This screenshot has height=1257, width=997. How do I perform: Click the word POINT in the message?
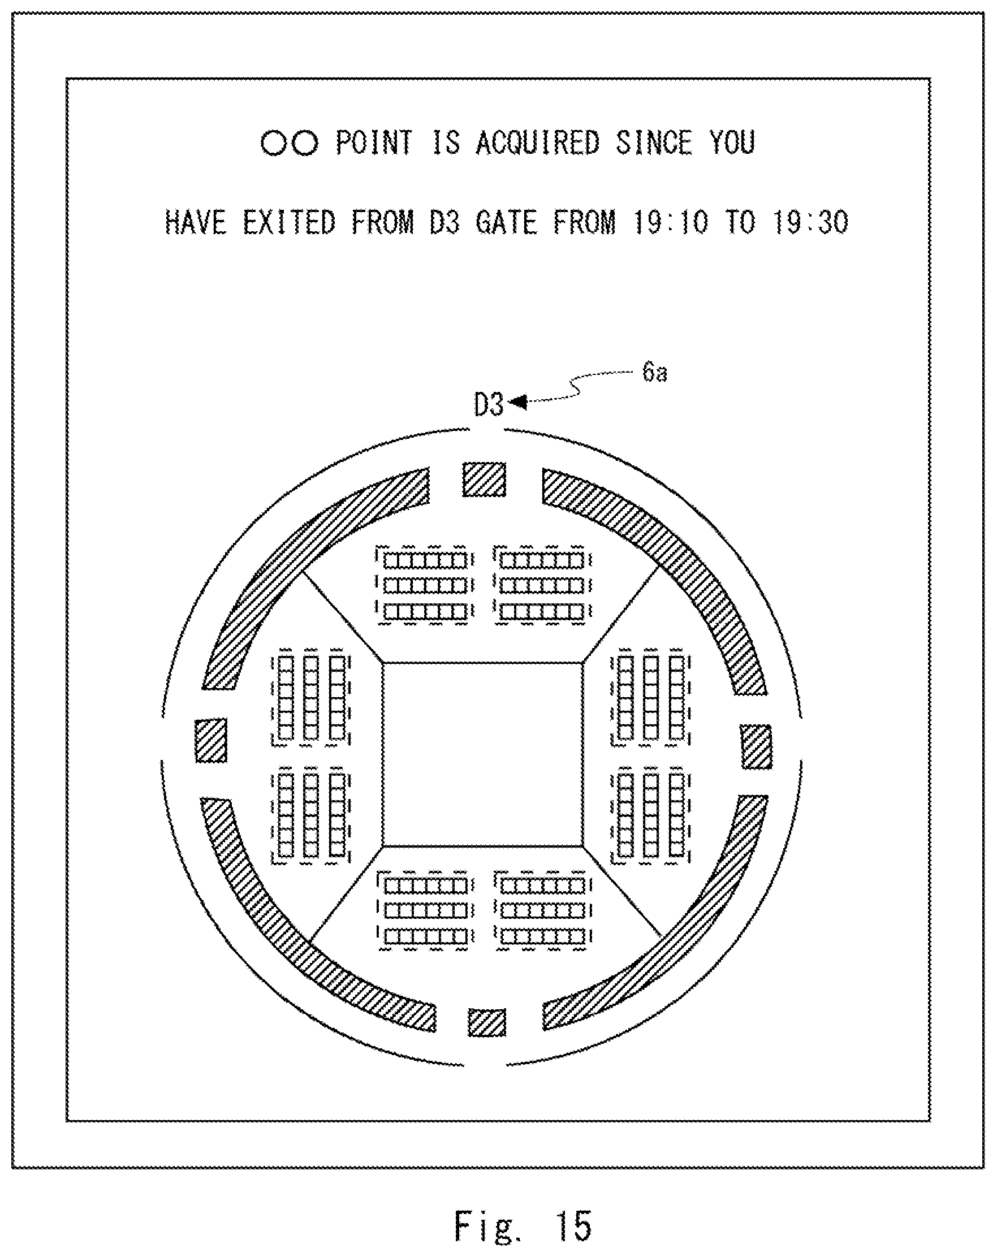tap(374, 142)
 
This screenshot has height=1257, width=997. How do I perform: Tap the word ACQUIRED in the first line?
tap(538, 142)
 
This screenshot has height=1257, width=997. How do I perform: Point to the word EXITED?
tap(289, 222)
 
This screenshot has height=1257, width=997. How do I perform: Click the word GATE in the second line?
tap(506, 222)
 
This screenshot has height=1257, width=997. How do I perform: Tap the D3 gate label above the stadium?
tap(489, 405)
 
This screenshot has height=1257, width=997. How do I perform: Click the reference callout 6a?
tap(655, 372)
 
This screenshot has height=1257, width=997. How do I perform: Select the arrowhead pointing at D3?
tap(518, 402)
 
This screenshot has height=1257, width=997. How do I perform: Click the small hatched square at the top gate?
tap(484, 480)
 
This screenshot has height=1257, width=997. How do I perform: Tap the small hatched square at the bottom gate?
tap(487, 1023)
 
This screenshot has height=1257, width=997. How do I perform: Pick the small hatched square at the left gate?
tap(210, 740)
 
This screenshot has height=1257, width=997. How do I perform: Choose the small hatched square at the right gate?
tap(756, 747)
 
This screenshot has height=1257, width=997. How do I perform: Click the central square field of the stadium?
tap(483, 754)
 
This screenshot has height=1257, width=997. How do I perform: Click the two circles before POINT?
tap(289, 143)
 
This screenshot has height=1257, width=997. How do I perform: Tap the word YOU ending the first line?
tap(732, 142)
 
